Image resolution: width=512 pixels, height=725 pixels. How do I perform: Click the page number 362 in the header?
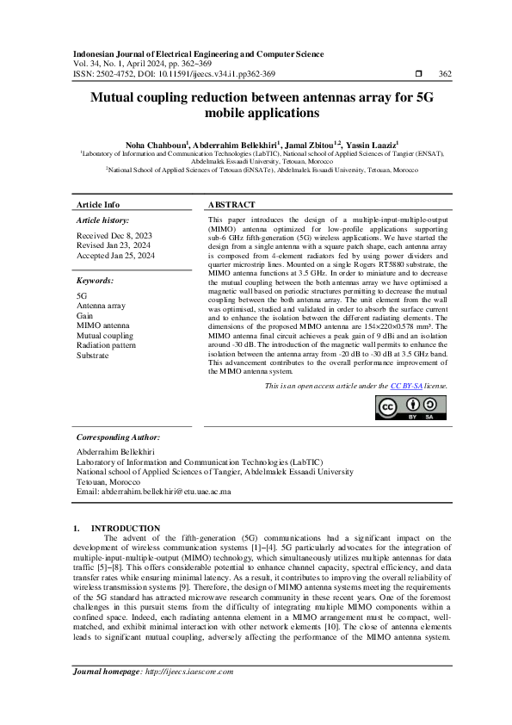point(445,74)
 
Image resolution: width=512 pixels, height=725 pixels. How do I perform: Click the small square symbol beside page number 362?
point(418,74)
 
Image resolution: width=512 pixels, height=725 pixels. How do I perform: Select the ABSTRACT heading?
point(231,205)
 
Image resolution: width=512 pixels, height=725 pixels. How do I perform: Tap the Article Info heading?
point(99,205)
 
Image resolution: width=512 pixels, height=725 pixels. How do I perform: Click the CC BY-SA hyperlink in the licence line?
point(405,387)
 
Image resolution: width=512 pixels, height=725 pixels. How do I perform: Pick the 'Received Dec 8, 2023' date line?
point(114,235)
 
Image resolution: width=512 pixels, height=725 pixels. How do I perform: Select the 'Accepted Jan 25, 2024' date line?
point(116,256)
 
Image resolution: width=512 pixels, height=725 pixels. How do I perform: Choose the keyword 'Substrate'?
point(93,355)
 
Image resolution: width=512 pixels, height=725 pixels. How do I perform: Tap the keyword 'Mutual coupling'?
point(105,335)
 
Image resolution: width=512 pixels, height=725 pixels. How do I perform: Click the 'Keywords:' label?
point(96,281)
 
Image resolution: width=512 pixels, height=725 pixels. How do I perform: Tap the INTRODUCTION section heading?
point(126,528)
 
